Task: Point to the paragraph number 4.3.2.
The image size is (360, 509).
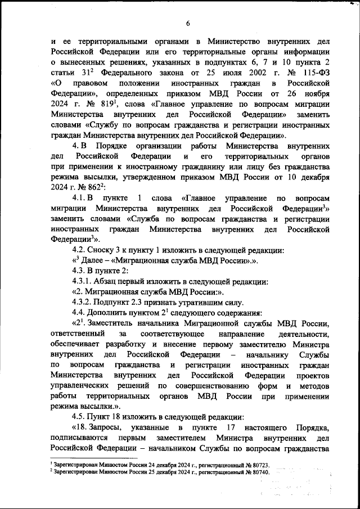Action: click(85, 303)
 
